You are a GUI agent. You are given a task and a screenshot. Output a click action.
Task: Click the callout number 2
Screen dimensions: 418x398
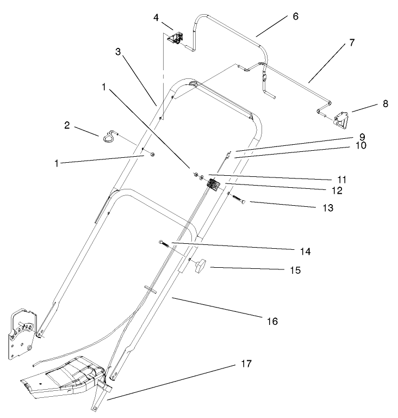tap(67, 126)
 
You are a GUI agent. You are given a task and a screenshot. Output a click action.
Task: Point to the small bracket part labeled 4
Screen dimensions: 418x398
tap(177, 38)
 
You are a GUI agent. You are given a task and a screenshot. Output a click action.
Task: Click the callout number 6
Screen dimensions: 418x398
tap(295, 16)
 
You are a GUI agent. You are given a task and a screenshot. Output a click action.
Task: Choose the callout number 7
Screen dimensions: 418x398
tap(352, 42)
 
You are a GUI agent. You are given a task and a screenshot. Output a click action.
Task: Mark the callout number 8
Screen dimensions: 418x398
tap(385, 103)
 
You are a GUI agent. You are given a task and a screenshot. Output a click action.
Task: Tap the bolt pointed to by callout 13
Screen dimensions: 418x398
tap(238, 199)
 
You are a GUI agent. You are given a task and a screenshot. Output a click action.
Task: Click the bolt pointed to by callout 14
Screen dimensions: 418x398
tap(165, 244)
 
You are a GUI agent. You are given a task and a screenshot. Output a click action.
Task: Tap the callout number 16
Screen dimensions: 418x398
tap(272, 321)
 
